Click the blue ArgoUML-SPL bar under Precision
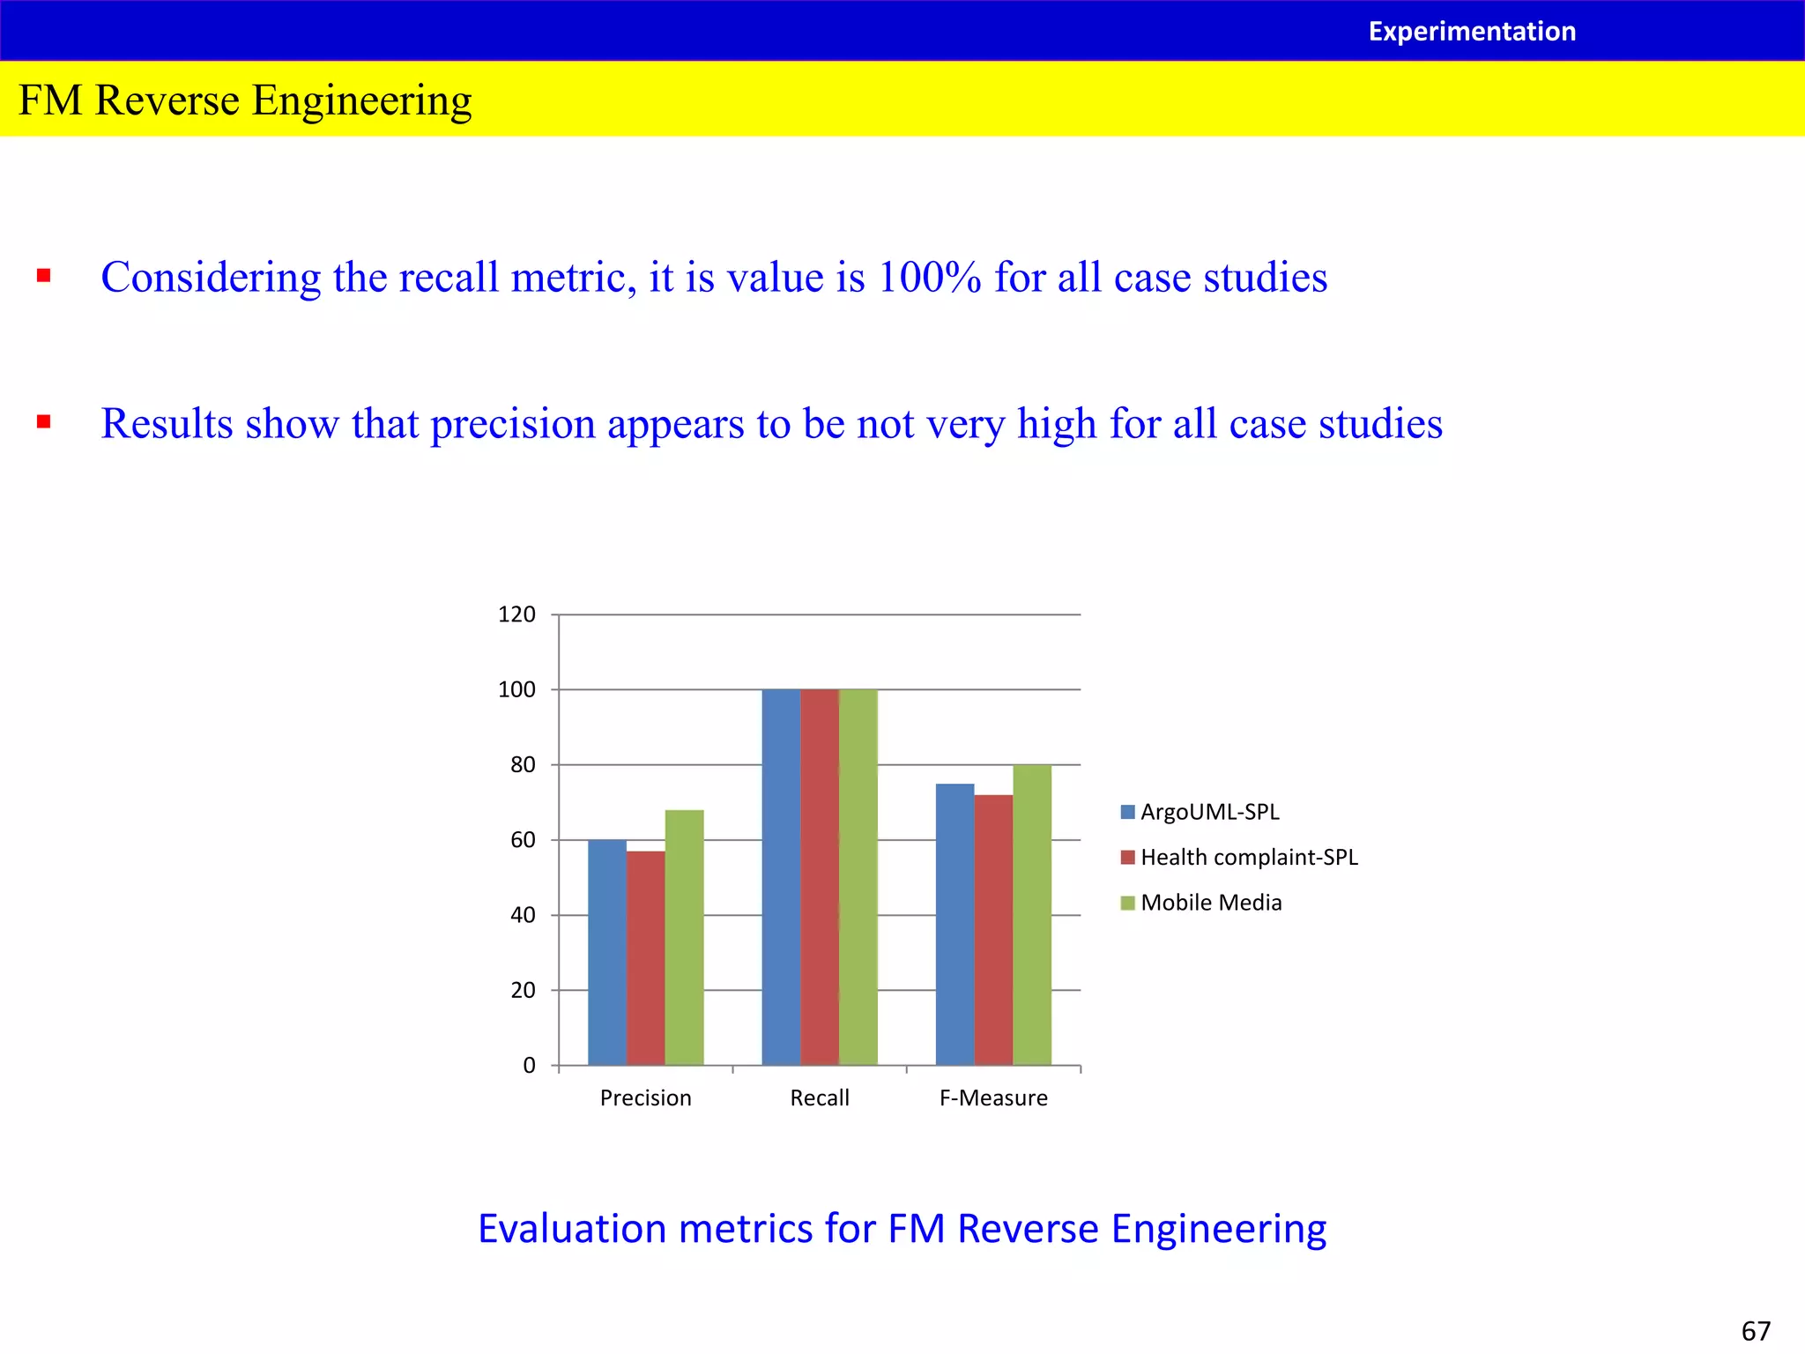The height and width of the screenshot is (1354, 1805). point(606,952)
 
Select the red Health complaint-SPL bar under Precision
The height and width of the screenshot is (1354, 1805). point(645,958)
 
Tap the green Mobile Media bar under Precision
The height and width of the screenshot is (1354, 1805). point(684,937)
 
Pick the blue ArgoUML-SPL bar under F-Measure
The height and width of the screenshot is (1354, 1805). point(954,924)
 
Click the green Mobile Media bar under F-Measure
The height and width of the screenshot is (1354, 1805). point(1032,914)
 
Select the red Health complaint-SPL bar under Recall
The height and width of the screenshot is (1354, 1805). point(819,877)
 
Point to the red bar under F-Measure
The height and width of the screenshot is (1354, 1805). point(993,930)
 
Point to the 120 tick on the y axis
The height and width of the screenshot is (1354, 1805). point(516,614)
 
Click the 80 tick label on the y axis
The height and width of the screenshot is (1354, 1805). point(523,765)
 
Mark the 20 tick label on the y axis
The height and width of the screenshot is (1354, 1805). point(523,990)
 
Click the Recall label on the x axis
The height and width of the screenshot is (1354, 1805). point(820,1097)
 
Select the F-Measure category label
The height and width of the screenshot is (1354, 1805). point(993,1097)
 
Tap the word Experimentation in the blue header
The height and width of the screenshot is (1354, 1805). point(1472,32)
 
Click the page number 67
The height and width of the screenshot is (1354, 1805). point(1756,1330)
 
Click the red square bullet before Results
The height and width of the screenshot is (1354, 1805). point(43,422)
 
